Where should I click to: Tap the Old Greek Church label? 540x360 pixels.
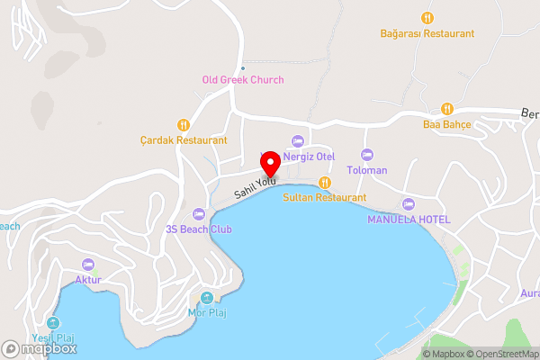[x=242, y=80]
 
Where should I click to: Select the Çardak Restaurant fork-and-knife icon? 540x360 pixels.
[x=184, y=125]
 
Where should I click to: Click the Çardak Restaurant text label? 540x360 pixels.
[x=184, y=141]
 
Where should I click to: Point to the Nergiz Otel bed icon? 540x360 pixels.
[x=297, y=141]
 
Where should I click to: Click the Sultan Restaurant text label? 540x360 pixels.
[x=325, y=197]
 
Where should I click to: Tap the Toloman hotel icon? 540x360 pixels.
[x=366, y=155]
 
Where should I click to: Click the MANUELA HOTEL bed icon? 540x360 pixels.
[x=409, y=204]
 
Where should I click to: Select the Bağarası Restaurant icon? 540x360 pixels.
[x=427, y=18]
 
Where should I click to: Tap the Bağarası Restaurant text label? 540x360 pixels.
[x=427, y=33]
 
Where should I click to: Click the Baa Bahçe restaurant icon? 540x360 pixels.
[x=447, y=109]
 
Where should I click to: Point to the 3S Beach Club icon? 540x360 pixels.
[x=199, y=214]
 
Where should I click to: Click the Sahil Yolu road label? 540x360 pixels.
[x=255, y=187]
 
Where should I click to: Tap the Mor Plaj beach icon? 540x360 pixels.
[x=207, y=298]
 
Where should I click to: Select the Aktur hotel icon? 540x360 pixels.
[x=88, y=265]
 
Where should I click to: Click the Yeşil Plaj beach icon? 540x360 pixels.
[x=53, y=323]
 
